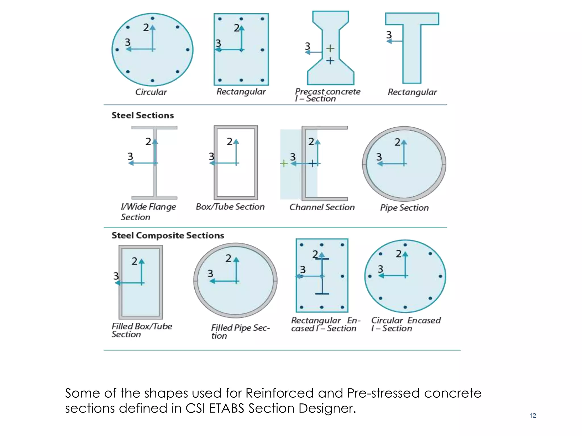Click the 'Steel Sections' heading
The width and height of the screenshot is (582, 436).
pos(143,115)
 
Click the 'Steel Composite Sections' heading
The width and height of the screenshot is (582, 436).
pos(168,235)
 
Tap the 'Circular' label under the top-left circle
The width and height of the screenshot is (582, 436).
pos(151,92)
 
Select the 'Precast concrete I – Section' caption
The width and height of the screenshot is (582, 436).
pos(327,95)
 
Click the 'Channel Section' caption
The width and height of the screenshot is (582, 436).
pos(322,207)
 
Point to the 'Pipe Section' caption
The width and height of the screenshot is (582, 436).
pos(404,208)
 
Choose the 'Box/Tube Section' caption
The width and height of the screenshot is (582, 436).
pos(230,207)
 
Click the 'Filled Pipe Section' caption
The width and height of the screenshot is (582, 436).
pos(240,332)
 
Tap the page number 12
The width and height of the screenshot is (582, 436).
pos(533,416)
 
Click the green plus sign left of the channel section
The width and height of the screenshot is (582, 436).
pos(284,163)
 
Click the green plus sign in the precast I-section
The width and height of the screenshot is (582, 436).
pos(330,48)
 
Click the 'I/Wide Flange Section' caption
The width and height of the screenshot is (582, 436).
pos(148,212)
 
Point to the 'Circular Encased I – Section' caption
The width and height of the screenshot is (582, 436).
pos(406,324)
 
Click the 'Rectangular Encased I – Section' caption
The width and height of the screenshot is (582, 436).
pos(326,324)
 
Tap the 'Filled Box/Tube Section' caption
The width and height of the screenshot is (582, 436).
pos(142,330)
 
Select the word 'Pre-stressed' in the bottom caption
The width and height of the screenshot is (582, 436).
pos(383,393)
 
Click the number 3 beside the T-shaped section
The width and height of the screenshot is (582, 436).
pos(389,35)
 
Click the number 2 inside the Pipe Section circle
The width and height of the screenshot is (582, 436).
pos(397,142)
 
